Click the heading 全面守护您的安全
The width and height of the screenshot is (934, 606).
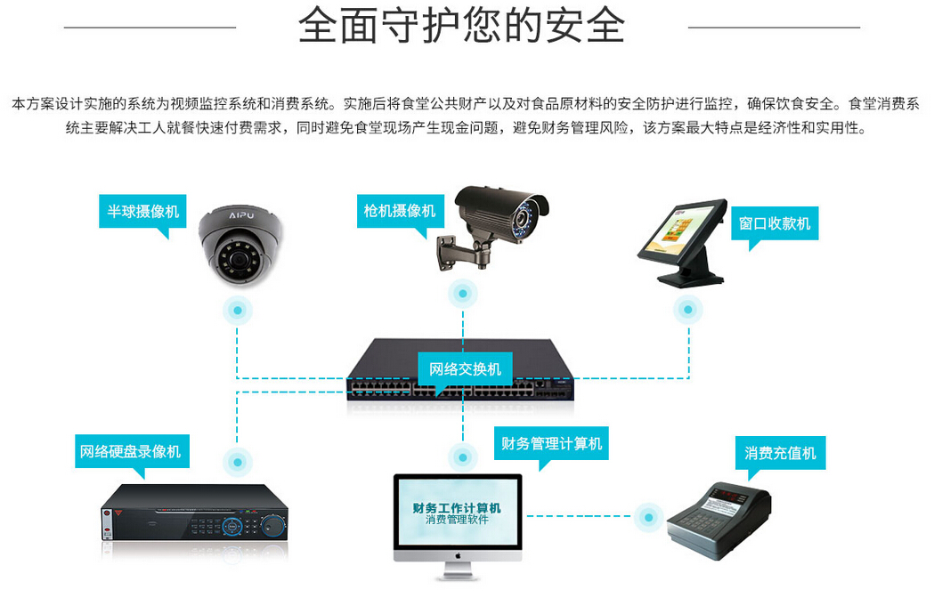(x=461, y=27)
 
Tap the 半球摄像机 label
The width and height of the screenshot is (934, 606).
(x=142, y=211)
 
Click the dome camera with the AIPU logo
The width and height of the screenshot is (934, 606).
(x=240, y=244)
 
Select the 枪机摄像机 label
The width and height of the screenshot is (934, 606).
(x=399, y=210)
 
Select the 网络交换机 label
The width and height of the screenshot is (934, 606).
(x=465, y=368)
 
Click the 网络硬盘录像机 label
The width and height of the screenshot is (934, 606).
(x=130, y=451)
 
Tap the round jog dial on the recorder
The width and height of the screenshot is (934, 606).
(x=233, y=526)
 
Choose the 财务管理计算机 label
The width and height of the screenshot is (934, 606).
(x=551, y=442)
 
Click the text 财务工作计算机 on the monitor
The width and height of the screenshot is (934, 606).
(x=457, y=507)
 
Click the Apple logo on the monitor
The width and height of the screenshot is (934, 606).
(x=458, y=553)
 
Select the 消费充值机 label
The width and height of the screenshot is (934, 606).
(x=780, y=452)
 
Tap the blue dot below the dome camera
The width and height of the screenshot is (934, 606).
(x=237, y=310)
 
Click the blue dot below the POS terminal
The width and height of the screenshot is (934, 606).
(x=686, y=310)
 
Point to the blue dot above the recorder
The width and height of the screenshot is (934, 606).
(x=237, y=461)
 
